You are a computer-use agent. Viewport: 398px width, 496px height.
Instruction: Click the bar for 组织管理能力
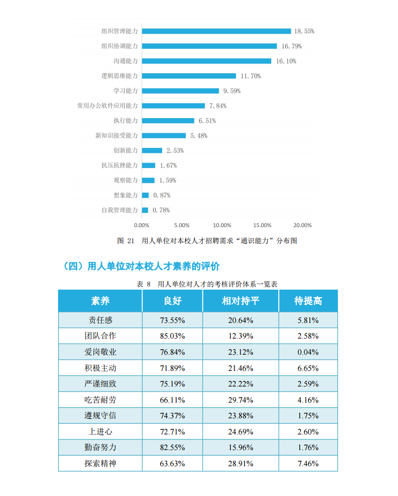click(216, 31)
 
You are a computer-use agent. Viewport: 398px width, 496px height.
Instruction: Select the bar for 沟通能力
click(207, 61)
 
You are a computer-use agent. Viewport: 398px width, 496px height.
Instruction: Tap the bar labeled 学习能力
click(180, 91)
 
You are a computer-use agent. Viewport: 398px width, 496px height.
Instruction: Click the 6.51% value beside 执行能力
click(207, 121)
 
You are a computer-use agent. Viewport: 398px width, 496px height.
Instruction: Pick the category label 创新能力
click(126, 150)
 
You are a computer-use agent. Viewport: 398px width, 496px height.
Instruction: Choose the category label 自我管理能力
click(120, 210)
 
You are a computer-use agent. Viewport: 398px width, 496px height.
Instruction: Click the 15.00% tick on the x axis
click(262, 225)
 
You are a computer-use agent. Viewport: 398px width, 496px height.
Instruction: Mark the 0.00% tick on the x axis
click(141, 225)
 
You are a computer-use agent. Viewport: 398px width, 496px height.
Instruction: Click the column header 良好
click(172, 301)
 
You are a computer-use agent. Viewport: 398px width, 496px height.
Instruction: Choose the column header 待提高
click(308, 301)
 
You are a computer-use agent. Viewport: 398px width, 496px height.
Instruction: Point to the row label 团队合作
click(100, 336)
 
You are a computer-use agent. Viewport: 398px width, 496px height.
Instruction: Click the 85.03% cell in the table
click(172, 336)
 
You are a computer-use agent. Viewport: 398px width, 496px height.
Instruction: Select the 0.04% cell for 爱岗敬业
click(308, 352)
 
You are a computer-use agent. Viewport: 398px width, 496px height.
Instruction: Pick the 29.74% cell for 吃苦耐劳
click(240, 400)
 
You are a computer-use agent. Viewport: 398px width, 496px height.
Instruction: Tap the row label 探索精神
click(100, 463)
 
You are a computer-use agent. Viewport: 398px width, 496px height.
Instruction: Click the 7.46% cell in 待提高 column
click(308, 464)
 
